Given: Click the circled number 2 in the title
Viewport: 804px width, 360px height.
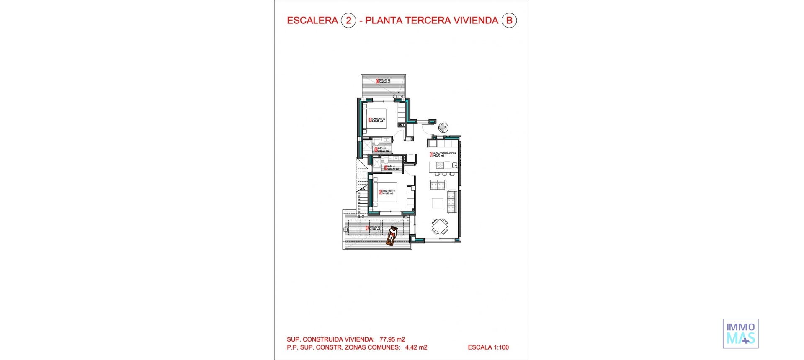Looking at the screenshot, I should click(348, 21).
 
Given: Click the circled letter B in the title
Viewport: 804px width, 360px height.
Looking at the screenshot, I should click(509, 21).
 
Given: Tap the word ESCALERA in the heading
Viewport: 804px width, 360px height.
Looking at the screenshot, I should click(312, 21).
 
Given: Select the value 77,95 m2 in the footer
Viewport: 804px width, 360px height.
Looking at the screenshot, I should click(392, 339).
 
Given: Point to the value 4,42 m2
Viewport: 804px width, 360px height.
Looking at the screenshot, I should click(416, 347).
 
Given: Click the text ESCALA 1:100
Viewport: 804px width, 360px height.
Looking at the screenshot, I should click(488, 347).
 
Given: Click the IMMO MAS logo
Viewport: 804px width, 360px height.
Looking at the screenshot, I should click(740, 334).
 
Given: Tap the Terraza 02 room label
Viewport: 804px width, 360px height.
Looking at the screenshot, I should click(383, 81).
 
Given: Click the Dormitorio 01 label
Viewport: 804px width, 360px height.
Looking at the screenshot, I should click(387, 192).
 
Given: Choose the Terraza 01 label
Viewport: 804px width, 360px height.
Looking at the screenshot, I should click(374, 228).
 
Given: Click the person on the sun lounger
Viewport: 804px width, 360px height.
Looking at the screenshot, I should click(392, 236).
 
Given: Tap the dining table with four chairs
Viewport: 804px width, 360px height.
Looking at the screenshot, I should click(440, 227).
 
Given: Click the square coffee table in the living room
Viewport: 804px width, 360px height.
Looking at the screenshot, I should click(438, 203).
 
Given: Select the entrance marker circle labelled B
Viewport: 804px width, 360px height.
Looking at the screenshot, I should click(443, 128).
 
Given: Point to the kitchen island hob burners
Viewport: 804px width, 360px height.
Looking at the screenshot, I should click(444, 174).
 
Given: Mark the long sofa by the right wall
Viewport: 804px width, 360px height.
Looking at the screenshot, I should click(452, 201).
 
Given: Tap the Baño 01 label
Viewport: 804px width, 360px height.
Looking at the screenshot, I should click(389, 168).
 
